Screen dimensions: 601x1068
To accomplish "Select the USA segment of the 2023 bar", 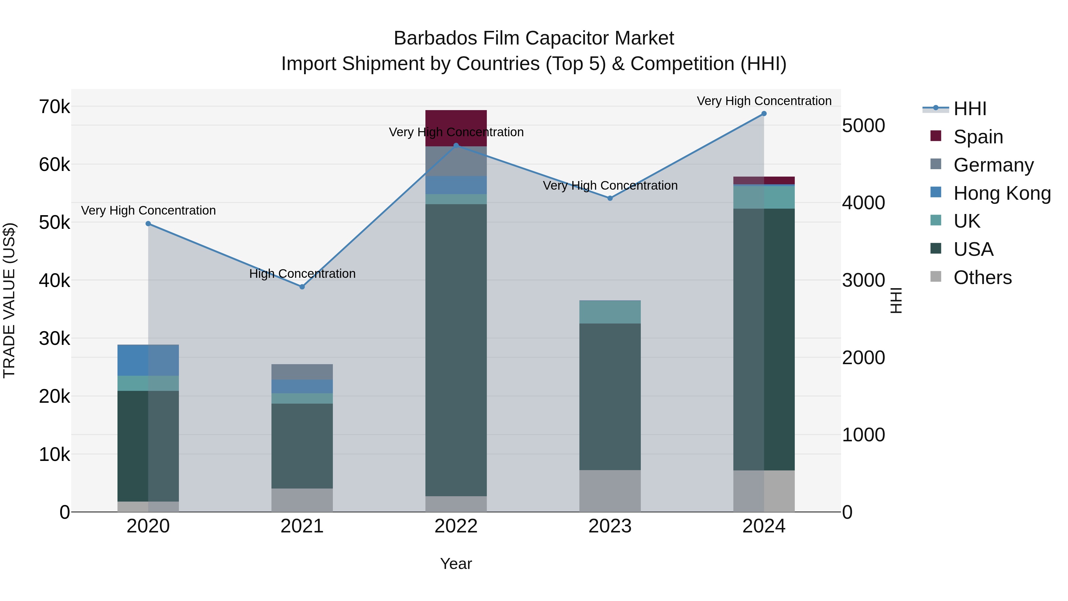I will point(610,396).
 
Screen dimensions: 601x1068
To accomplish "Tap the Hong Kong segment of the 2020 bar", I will point(148,360).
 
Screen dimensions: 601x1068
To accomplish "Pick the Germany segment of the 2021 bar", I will point(302,372).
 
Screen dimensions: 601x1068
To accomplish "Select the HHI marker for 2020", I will point(148,223).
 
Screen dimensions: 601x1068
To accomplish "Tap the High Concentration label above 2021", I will point(302,274).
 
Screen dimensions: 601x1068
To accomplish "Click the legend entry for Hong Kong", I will point(1001,193).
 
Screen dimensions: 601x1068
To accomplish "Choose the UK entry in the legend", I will point(967,221).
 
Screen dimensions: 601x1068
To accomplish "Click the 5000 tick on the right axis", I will point(864,126).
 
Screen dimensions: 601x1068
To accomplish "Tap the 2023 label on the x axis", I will point(610,526).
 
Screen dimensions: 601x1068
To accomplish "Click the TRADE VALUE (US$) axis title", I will point(9,300).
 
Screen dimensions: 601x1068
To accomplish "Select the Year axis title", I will point(456,564).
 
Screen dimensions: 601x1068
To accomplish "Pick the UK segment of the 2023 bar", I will point(610,312).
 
